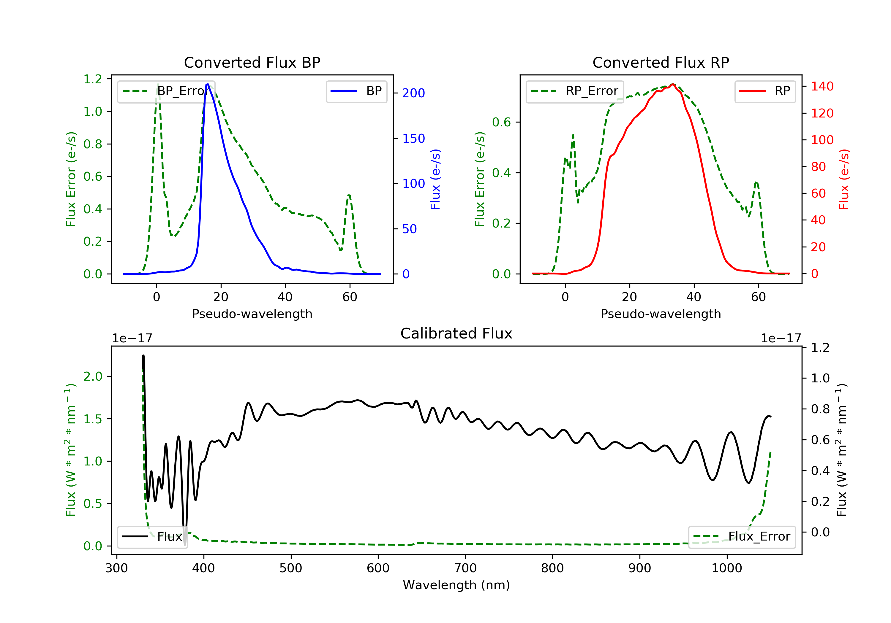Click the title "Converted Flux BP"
click(252, 62)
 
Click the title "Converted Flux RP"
click(661, 62)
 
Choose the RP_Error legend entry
click(574, 91)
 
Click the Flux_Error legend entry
click(742, 537)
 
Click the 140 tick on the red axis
click(822, 86)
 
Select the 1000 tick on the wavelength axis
click(726, 568)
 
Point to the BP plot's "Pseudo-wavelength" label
click(252, 314)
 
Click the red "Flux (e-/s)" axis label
click(844, 179)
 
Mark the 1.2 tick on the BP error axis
click(92, 79)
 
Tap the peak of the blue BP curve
click(208, 84)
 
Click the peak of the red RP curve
click(673, 85)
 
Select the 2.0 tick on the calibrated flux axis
click(92, 376)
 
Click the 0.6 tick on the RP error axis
click(501, 122)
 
